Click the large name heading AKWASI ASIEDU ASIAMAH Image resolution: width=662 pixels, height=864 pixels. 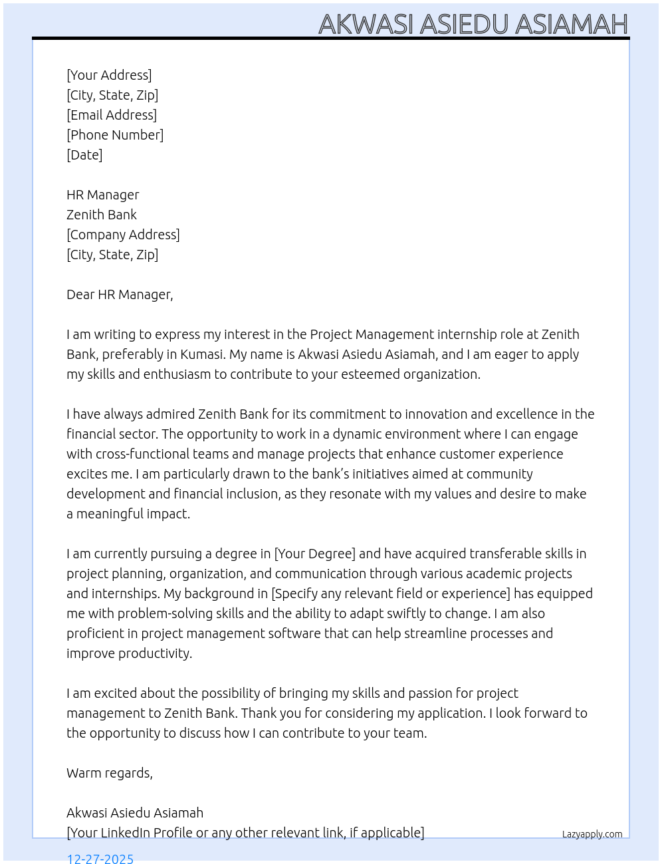(x=473, y=24)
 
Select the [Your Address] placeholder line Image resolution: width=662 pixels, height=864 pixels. (x=109, y=75)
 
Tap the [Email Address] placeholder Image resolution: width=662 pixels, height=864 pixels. (x=112, y=115)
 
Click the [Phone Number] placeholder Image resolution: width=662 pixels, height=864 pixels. (x=115, y=135)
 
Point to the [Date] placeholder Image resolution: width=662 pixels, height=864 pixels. (x=84, y=155)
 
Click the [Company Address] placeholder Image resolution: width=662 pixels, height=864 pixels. (x=123, y=235)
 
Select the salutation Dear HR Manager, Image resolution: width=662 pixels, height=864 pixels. (x=120, y=294)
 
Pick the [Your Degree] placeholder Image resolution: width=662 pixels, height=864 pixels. (x=315, y=554)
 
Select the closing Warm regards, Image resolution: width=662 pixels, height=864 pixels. (x=110, y=773)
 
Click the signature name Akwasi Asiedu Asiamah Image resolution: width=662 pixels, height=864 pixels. (x=135, y=813)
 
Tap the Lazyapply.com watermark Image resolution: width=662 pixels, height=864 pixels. (x=592, y=834)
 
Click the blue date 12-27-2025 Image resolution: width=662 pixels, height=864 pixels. (x=100, y=858)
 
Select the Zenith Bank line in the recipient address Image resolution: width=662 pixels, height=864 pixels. (x=102, y=215)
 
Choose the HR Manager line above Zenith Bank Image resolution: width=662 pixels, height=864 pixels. (x=103, y=195)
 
